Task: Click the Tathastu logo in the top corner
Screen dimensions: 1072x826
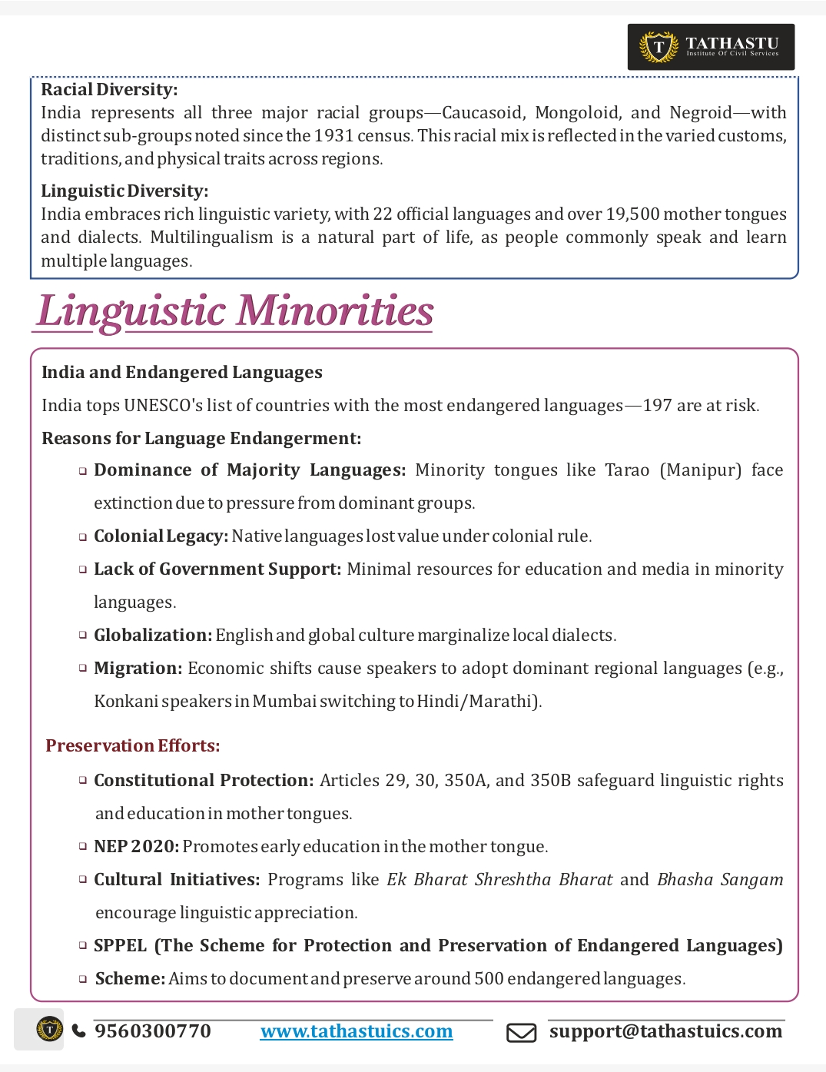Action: [710, 47]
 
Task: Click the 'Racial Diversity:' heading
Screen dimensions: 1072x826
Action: [109, 90]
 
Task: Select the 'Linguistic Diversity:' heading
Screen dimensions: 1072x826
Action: [124, 191]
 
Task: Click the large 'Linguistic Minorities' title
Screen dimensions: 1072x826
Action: [234, 312]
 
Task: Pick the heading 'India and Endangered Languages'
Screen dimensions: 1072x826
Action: [182, 373]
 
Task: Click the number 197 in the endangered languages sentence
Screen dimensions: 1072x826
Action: [657, 406]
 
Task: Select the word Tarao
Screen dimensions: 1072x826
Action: [627, 470]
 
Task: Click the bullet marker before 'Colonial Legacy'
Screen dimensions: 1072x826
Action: [82, 537]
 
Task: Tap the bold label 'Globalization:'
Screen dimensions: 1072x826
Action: [153, 636]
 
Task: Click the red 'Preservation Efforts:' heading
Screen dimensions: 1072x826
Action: [133, 746]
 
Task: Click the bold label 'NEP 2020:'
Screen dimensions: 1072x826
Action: [137, 847]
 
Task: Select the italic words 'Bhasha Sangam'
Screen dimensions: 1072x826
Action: [720, 880]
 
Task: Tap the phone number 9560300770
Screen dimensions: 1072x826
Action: [152, 1031]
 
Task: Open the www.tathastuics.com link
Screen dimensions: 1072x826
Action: [357, 1031]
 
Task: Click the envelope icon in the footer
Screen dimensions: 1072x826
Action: [521, 1033]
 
